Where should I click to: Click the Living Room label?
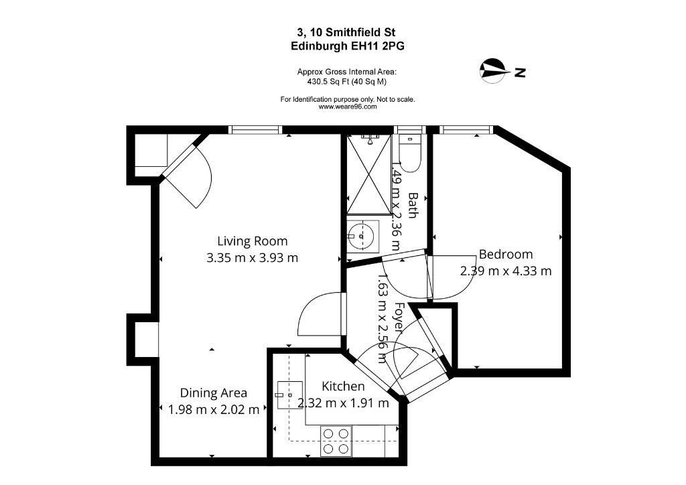tap(253, 241)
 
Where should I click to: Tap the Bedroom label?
tap(506, 254)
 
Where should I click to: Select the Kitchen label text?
tap(343, 386)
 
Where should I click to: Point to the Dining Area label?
tap(214, 393)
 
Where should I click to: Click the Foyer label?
tap(399, 317)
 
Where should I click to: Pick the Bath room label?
tap(413, 205)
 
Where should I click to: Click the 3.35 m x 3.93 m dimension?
tap(253, 258)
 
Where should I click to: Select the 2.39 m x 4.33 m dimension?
tap(506, 271)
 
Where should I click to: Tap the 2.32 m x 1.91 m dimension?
tap(343, 403)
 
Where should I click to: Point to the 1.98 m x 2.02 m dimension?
tap(214, 410)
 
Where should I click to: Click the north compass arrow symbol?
tap(495, 70)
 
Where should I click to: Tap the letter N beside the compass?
tap(520, 72)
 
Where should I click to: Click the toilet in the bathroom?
tap(410, 153)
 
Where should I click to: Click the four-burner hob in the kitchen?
tap(336, 441)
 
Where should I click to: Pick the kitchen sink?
tap(289, 395)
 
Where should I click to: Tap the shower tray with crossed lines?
tap(369, 174)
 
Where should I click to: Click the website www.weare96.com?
tap(348, 107)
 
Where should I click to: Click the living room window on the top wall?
tap(255, 129)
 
